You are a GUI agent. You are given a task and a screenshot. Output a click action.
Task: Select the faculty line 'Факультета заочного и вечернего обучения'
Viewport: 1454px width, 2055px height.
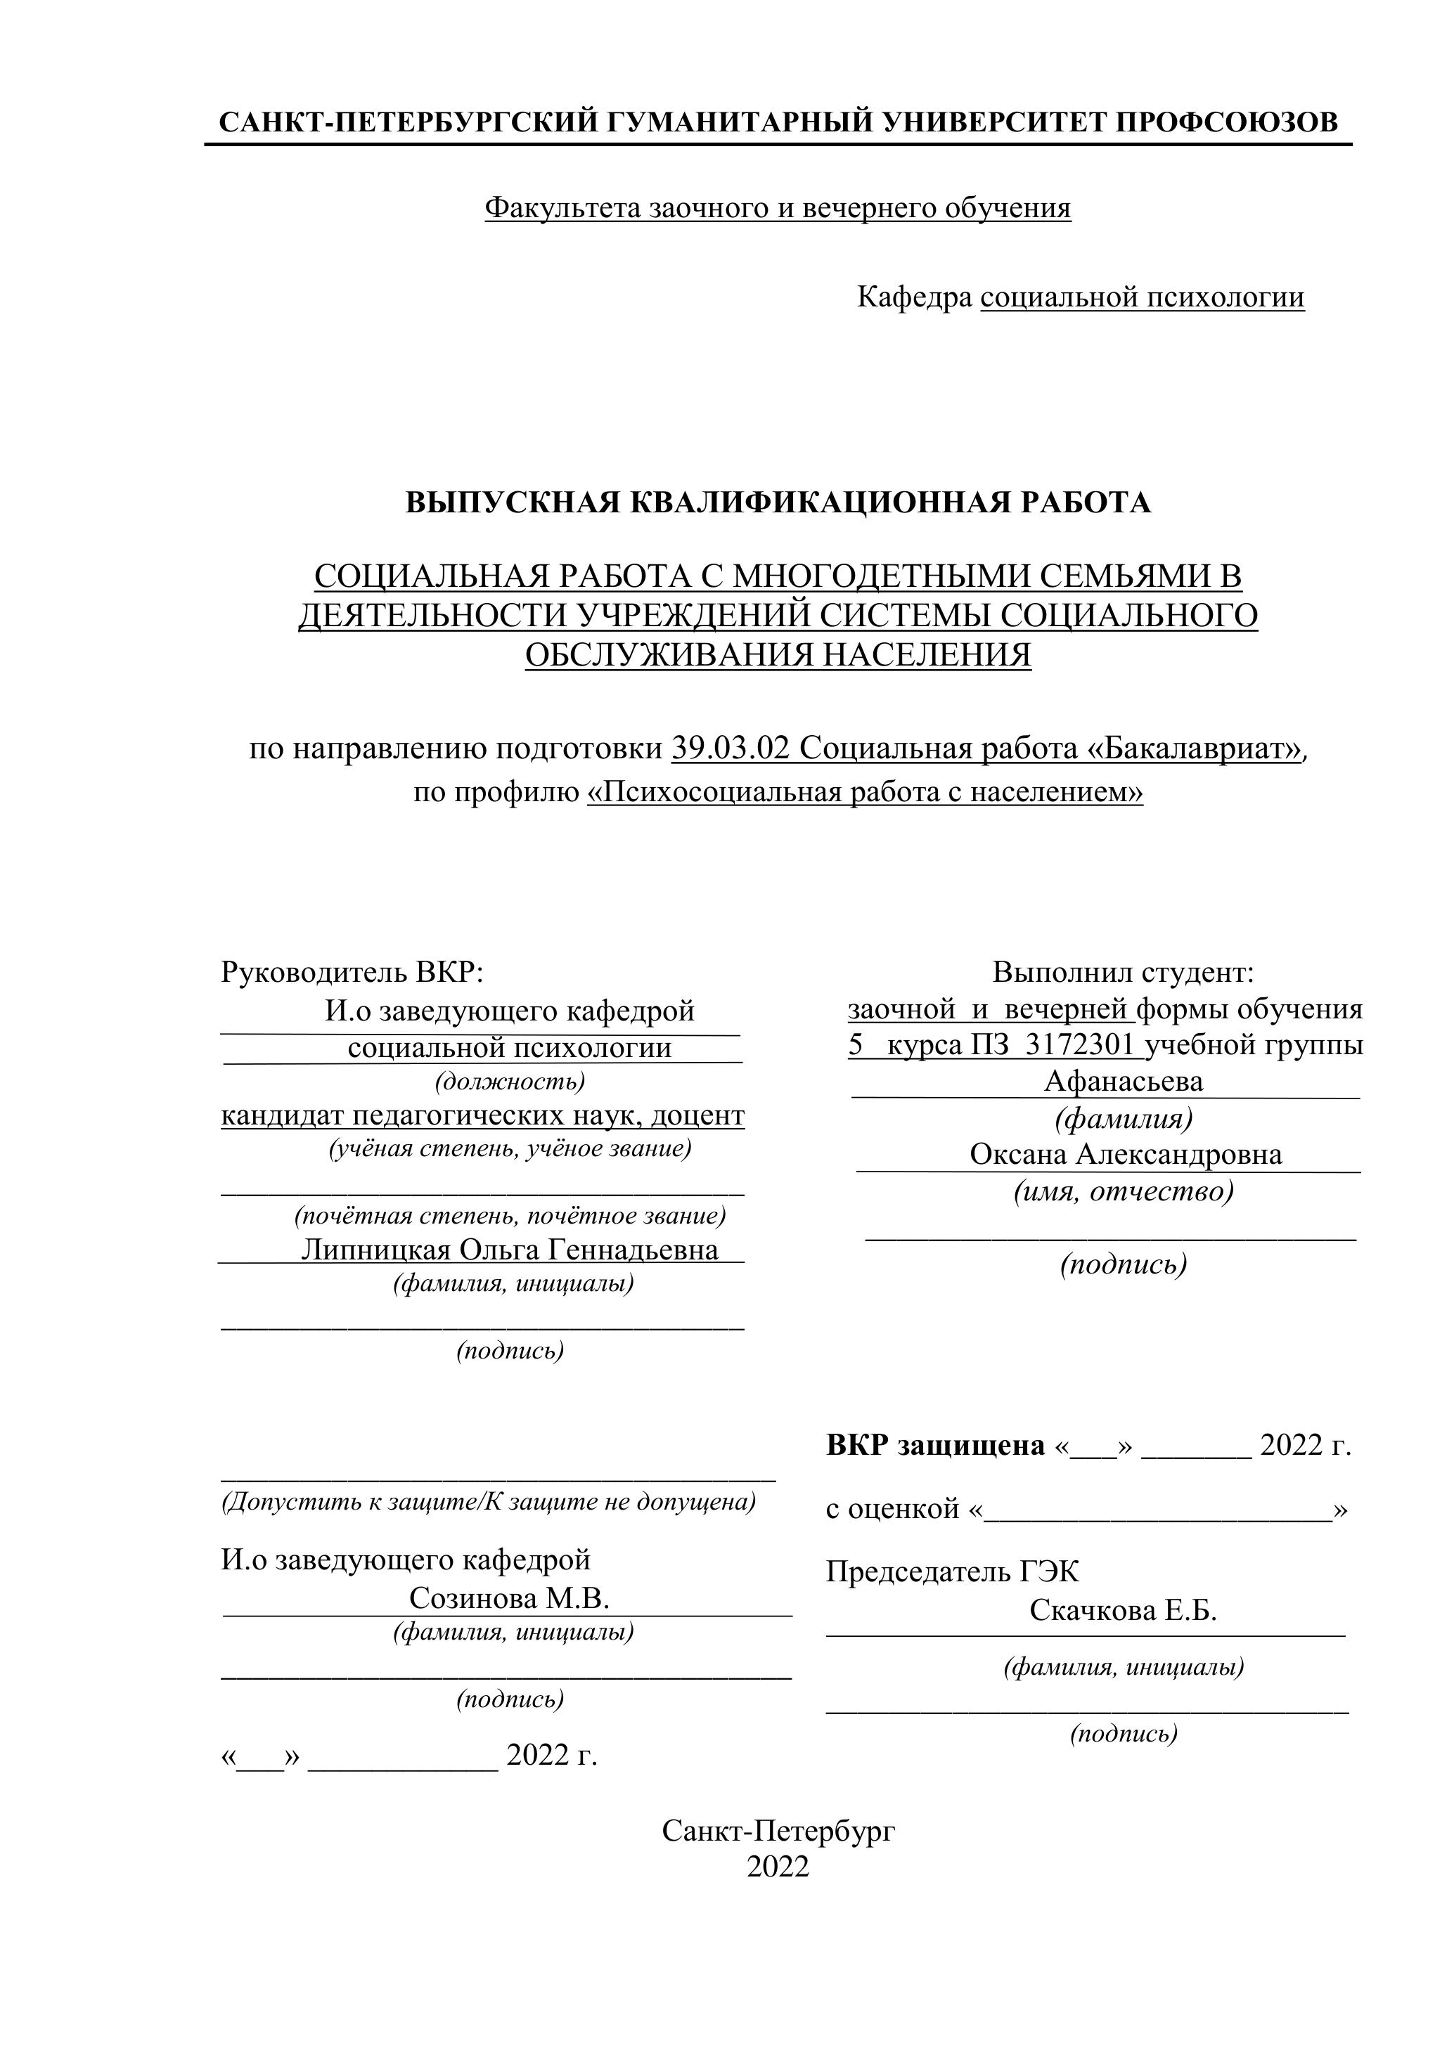click(777, 207)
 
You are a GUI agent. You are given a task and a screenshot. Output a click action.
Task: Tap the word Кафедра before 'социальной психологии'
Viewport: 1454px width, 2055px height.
click(914, 297)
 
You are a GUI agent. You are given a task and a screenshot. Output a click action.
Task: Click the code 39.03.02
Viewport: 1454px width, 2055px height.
click(731, 748)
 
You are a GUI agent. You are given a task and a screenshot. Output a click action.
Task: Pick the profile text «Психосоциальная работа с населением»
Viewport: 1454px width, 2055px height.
click(865, 792)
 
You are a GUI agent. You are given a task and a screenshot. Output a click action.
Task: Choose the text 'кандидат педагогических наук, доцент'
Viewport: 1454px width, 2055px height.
click(482, 1115)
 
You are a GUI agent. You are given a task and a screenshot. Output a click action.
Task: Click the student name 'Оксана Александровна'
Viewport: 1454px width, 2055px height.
click(1126, 1155)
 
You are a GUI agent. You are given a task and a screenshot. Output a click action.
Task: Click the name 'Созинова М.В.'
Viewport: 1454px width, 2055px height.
click(508, 1599)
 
